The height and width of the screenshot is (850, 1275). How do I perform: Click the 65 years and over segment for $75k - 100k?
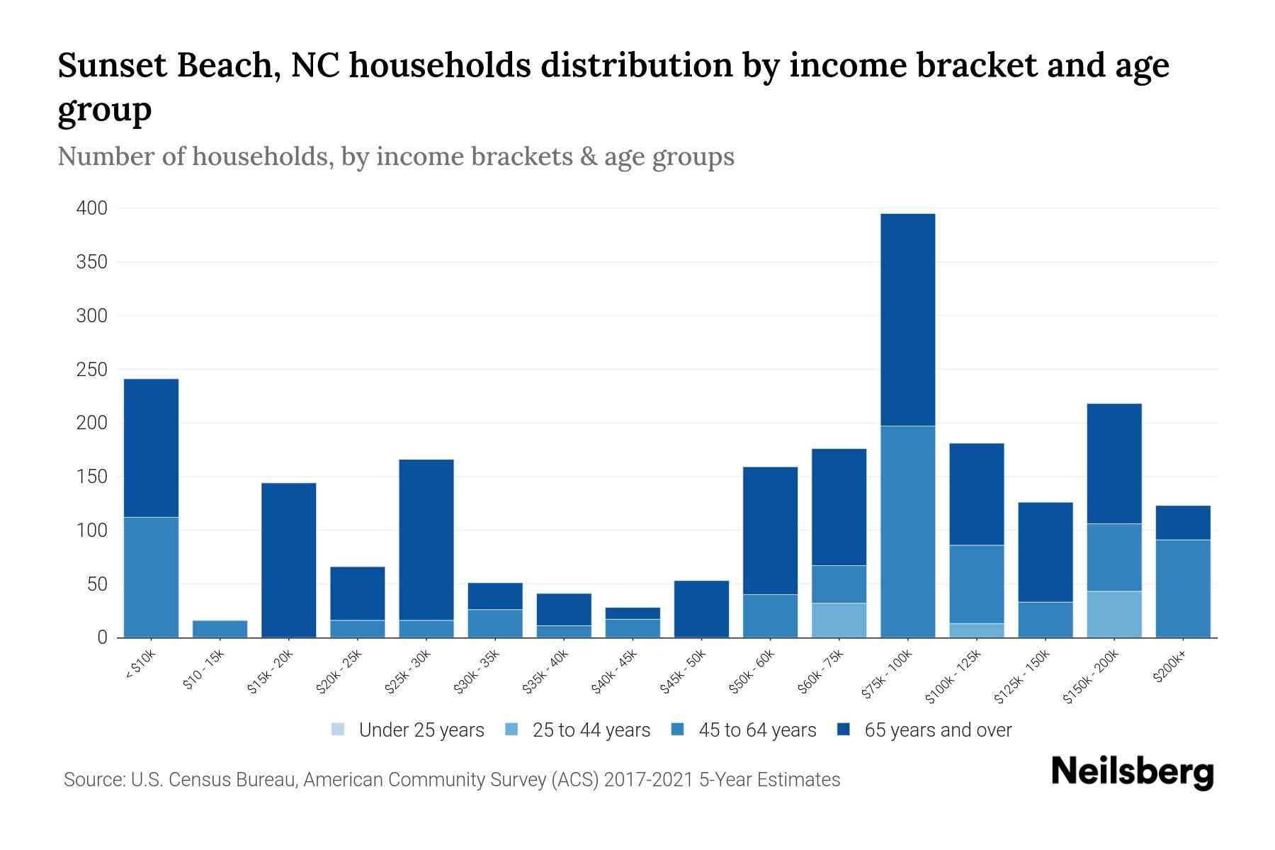tap(907, 319)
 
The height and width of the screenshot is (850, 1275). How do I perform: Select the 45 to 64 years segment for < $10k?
tap(151, 577)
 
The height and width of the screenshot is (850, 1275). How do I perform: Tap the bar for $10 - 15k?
tap(220, 629)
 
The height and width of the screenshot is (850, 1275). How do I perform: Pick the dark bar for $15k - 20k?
tap(288, 560)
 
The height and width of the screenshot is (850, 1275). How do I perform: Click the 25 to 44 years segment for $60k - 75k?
tap(839, 620)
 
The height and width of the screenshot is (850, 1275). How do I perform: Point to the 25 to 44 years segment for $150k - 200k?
tap(1113, 614)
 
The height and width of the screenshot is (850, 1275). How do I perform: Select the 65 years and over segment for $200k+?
tap(1182, 523)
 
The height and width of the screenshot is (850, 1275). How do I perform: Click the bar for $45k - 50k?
tap(701, 609)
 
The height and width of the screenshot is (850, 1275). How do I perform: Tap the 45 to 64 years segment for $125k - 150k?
tap(1045, 620)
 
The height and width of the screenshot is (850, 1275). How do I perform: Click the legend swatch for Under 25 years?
tap(338, 730)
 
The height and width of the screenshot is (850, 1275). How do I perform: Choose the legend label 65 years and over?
tap(938, 730)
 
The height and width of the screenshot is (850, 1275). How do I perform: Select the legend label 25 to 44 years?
tap(591, 730)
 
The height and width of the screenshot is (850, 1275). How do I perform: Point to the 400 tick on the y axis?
tap(92, 208)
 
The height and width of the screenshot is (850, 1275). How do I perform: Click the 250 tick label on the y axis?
tap(92, 370)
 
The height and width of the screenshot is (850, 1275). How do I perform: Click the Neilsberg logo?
tap(1132, 772)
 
